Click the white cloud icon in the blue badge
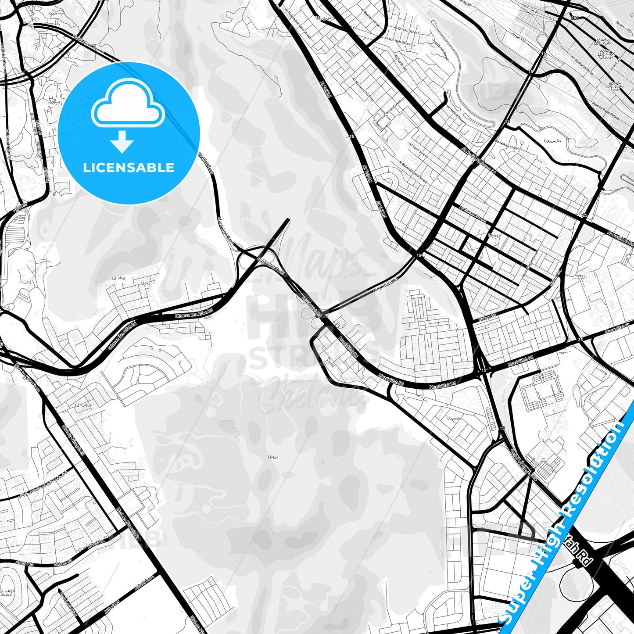pyautogui.click(x=128, y=106)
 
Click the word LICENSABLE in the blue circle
pyautogui.click(x=129, y=168)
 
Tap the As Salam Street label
pyautogui.click(x=473, y=215)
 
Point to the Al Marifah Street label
pyautogui.click(x=398, y=41)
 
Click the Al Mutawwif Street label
pyautogui.click(x=362, y=90)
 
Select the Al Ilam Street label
pyautogui.click(x=418, y=150)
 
